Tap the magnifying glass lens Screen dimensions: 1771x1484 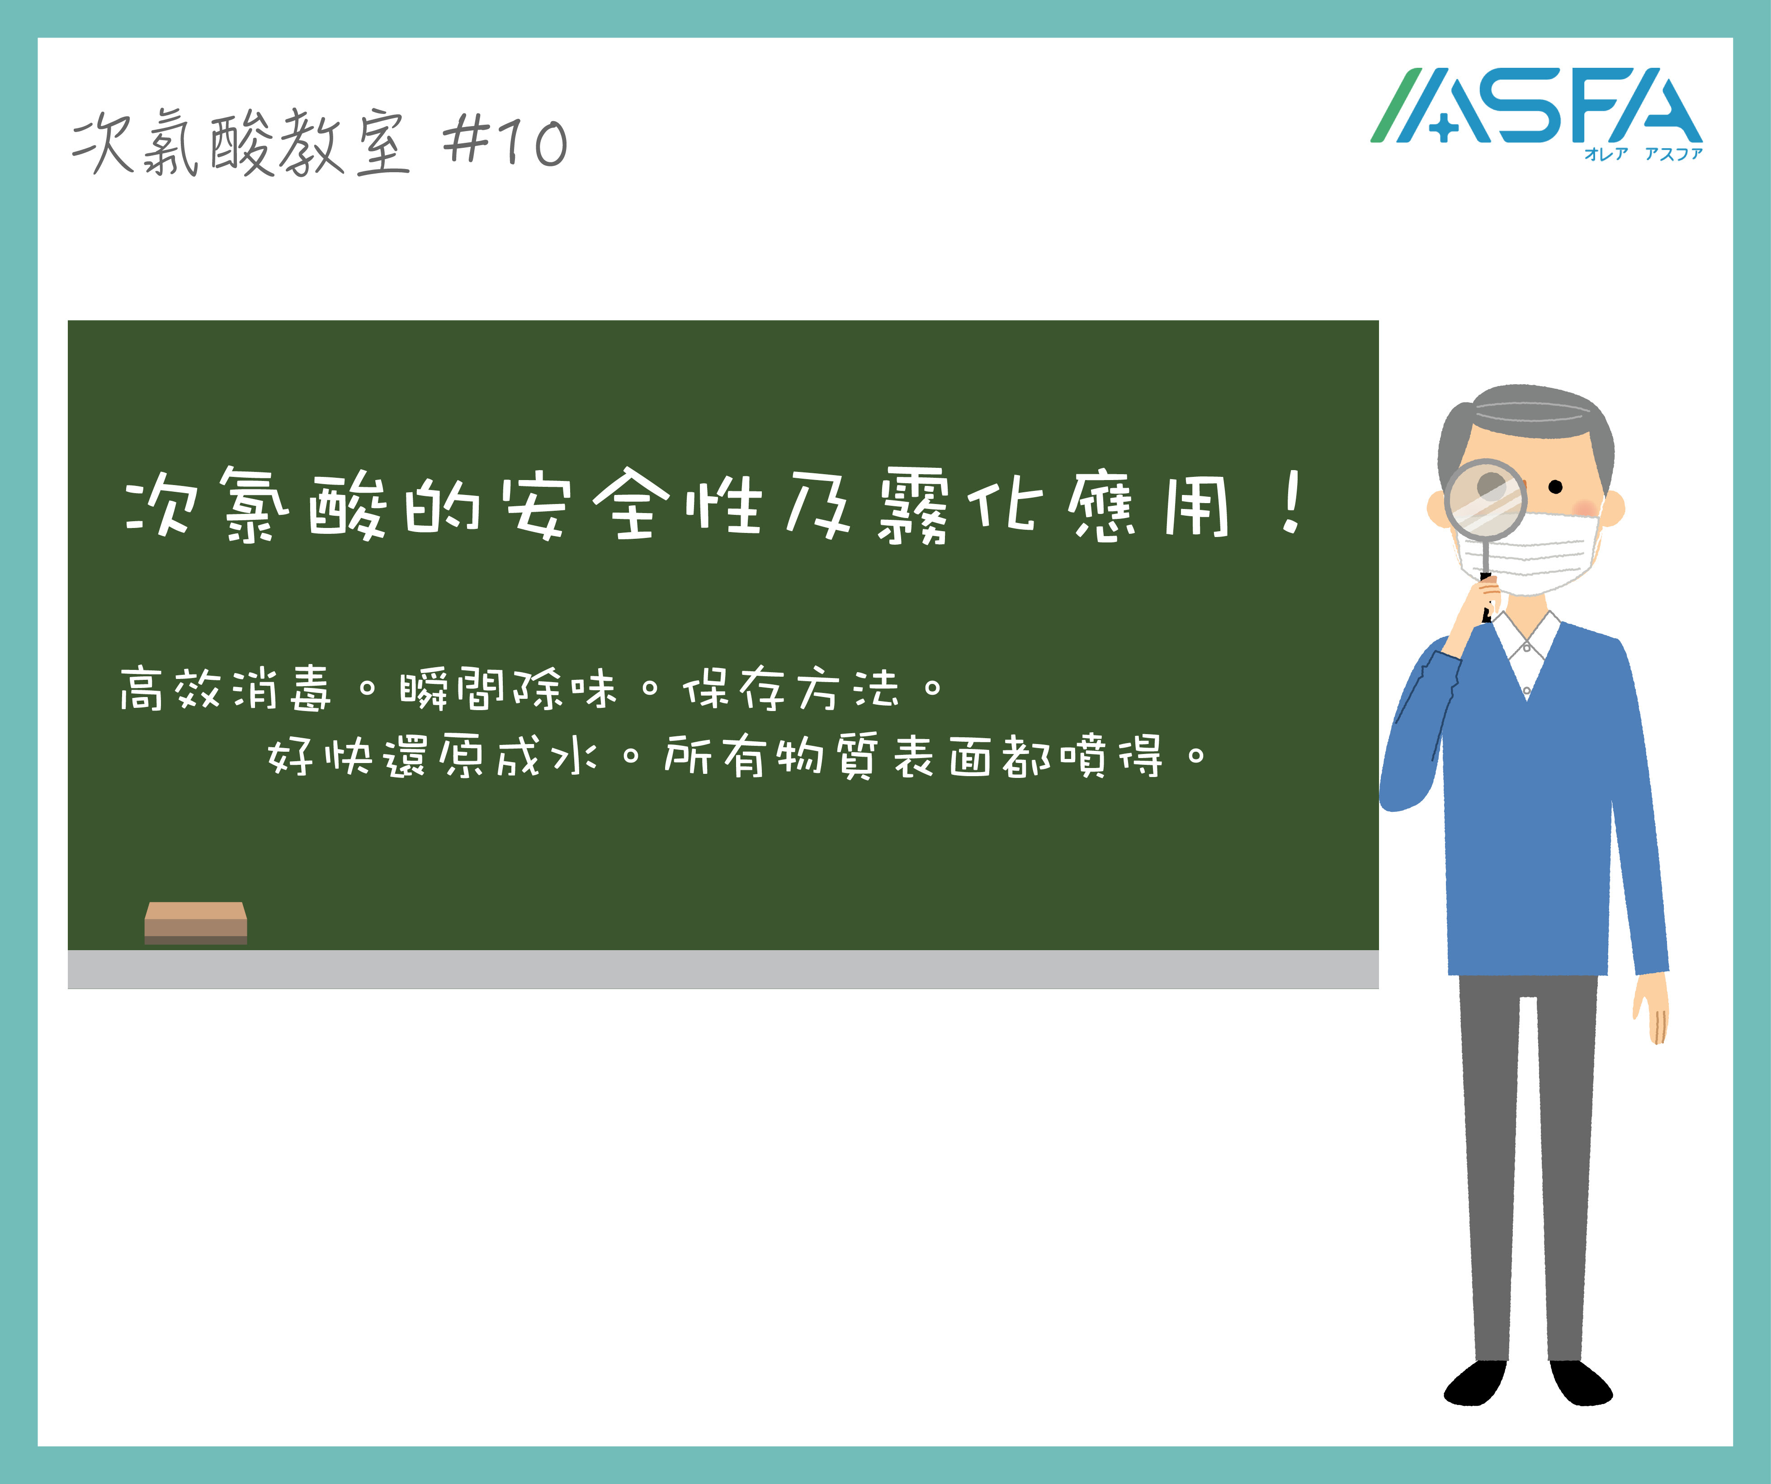1486,499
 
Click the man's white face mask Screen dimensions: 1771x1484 1530,552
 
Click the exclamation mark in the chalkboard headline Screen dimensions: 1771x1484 1290,504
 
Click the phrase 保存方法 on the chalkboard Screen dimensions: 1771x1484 791,688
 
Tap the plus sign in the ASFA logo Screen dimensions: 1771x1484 1444,128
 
